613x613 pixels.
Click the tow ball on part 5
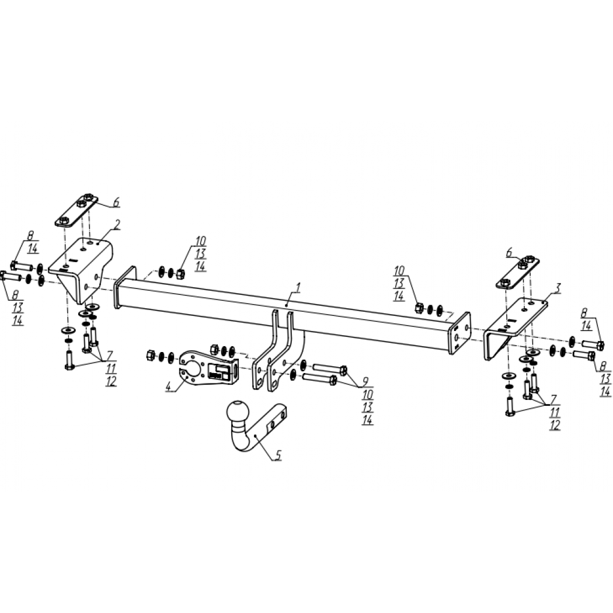point(237,412)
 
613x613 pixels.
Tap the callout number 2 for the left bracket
point(118,224)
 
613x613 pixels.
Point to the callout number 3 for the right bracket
point(558,288)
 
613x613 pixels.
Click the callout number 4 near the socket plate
point(169,386)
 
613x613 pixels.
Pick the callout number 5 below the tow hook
point(278,455)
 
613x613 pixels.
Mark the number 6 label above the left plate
point(116,202)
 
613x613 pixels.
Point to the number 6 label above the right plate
point(509,253)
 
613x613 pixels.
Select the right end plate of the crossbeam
point(460,333)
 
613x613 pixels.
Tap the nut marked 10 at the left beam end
point(180,274)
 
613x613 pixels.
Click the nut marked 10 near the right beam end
point(419,308)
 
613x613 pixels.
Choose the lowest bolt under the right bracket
point(510,406)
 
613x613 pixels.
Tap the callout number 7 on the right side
point(553,399)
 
